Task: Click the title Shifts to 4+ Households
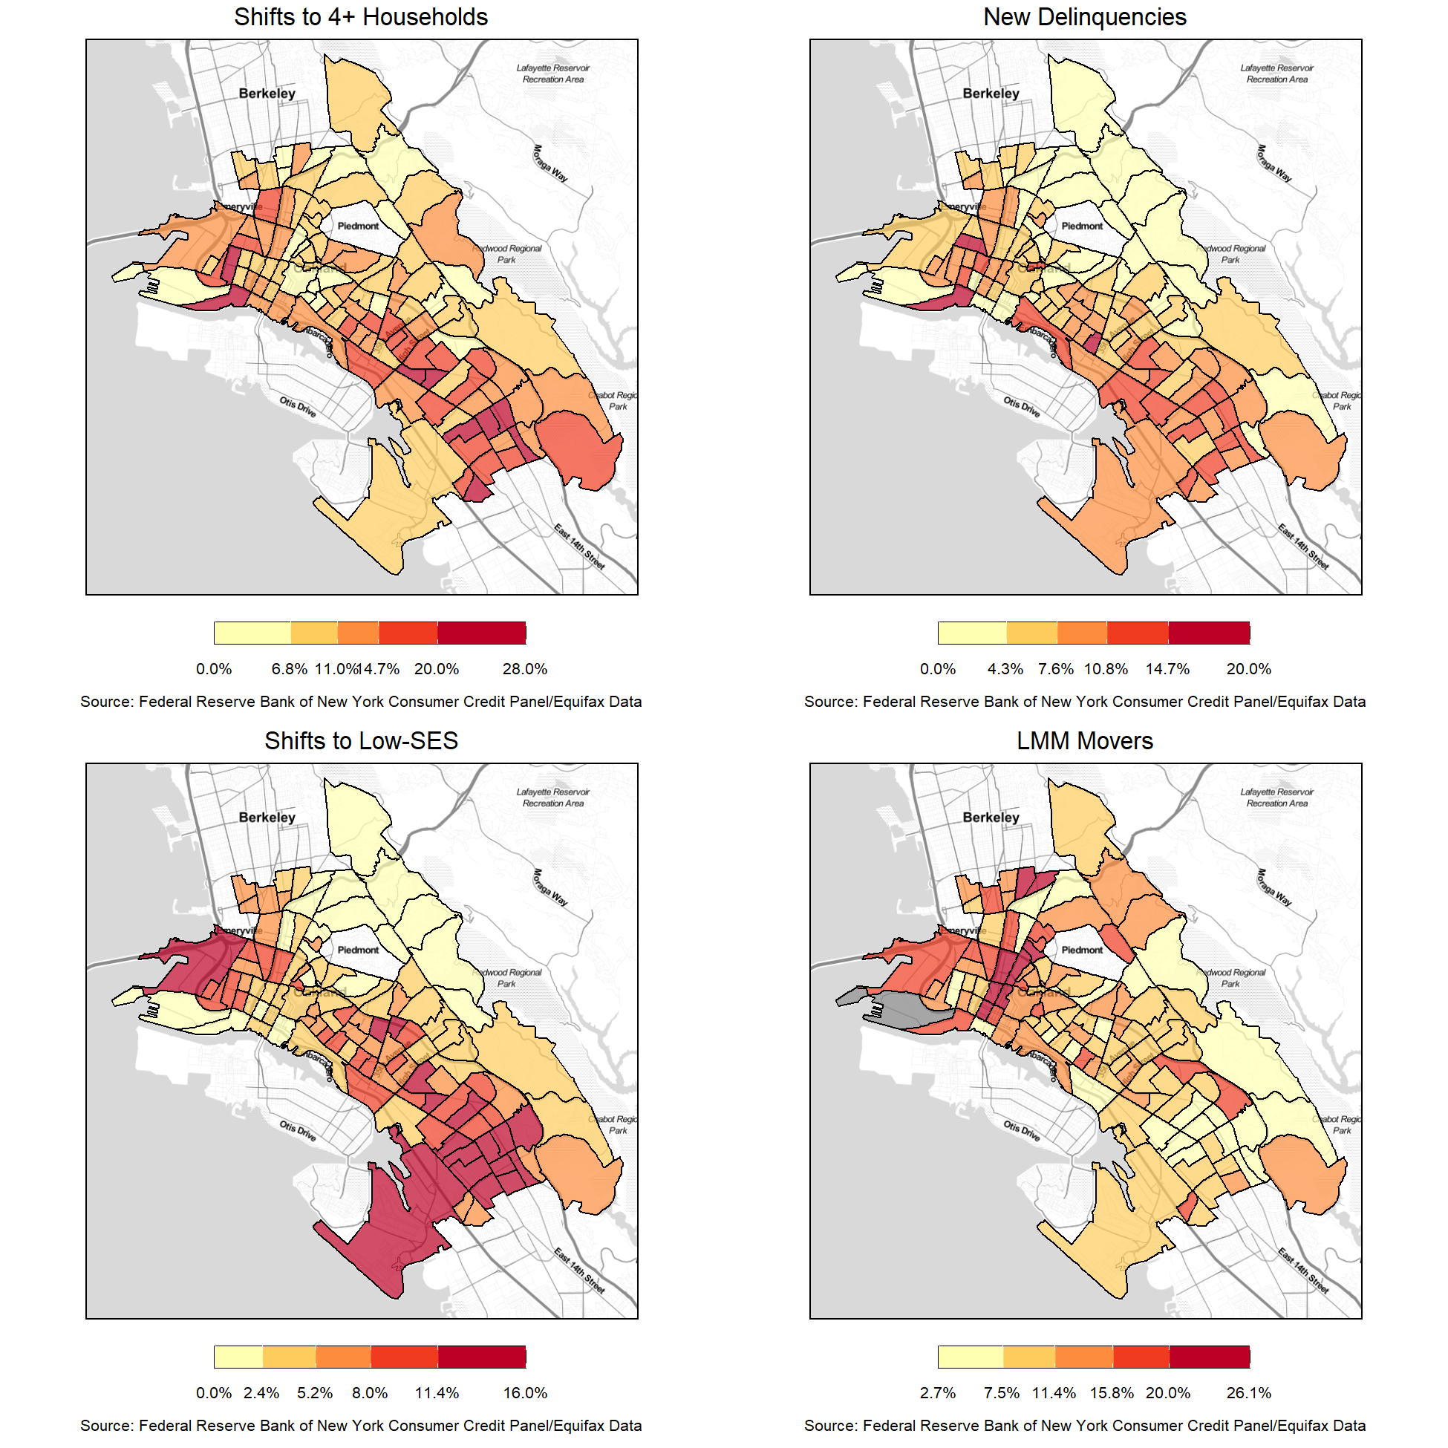pos(360,17)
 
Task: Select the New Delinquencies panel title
pos(1084,17)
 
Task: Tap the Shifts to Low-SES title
pos(360,741)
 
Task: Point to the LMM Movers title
pos(1084,741)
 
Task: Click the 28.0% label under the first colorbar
pos(525,669)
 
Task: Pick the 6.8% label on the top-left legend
pos(290,669)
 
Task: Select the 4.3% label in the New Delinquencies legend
pos(1005,669)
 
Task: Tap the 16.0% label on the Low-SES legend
pos(525,1393)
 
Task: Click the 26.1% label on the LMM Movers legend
pos(1249,1393)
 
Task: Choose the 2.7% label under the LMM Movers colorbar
pos(938,1393)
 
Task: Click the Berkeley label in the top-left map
pos(267,94)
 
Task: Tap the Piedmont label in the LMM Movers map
pos(1081,950)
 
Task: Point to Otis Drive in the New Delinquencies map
pos(1022,407)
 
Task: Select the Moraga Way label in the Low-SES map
pos(550,887)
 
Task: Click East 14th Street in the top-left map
pos(579,547)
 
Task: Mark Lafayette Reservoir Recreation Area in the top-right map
pos(1277,74)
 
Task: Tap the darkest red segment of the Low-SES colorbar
pos(482,1357)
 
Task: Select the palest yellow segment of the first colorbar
pos(252,633)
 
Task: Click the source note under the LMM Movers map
pos(1084,1426)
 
